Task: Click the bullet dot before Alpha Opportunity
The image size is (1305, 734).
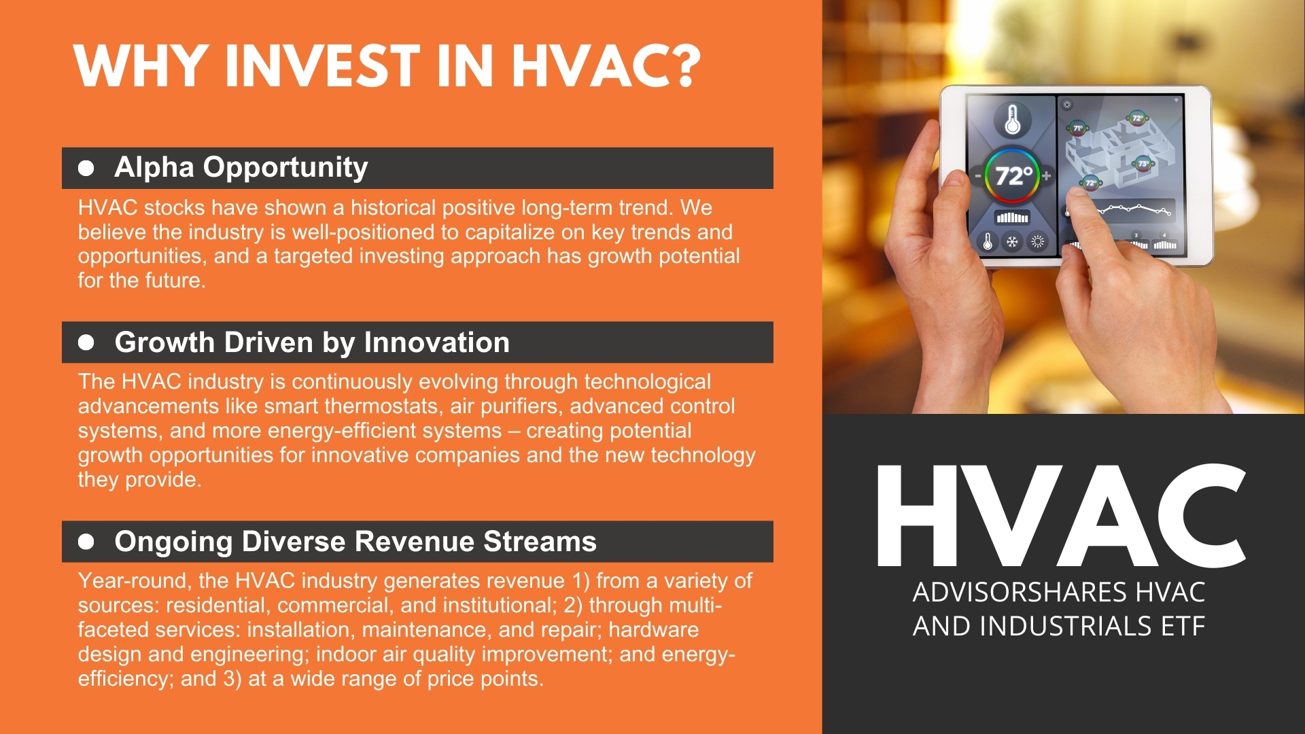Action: point(86,168)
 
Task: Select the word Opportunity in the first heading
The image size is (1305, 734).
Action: point(285,168)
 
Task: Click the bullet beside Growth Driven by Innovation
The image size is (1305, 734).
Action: point(86,343)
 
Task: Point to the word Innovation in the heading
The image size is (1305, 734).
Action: point(437,343)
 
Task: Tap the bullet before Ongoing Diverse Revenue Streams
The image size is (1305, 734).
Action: point(86,542)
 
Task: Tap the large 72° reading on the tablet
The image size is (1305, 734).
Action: point(1013,176)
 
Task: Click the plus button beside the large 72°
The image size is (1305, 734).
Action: point(1046,176)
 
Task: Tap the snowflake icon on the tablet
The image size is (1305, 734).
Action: point(1012,241)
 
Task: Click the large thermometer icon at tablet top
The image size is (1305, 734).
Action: point(1013,120)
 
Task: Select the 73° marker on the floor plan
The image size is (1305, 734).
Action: point(1143,164)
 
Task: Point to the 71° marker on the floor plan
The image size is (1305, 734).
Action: point(1077,128)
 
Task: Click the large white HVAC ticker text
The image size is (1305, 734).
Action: point(1061,516)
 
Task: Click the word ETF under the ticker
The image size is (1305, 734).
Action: point(1183,627)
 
